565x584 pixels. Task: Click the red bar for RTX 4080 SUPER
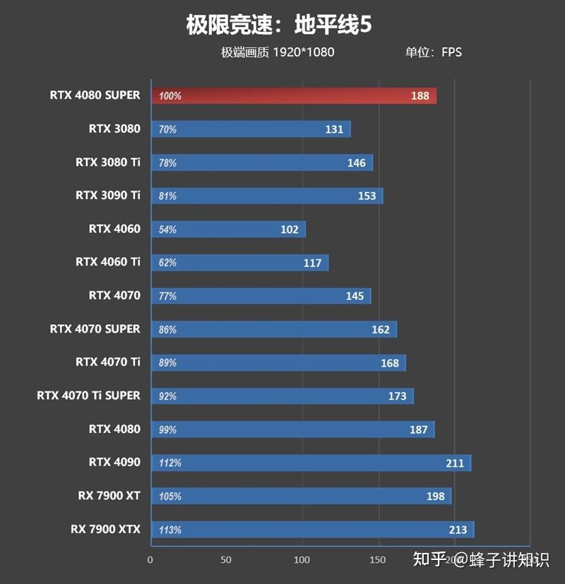coord(293,96)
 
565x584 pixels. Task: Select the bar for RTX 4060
coord(227,230)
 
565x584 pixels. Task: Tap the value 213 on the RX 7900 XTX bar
coord(457,530)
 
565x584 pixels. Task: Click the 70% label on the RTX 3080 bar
coord(168,130)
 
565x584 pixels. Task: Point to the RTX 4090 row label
coord(114,463)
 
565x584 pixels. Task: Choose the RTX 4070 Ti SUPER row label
coord(88,395)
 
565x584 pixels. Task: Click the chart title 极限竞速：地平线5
coord(278,25)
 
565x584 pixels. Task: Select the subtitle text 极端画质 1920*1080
coord(277,52)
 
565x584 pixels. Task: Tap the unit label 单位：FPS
coord(433,52)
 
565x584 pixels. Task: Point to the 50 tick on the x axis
coord(226,560)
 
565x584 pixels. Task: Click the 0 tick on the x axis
coord(150,560)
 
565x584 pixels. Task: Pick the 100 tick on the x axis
coord(302,560)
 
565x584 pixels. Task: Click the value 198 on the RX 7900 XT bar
coord(436,496)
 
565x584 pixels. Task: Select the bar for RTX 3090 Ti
coord(266,196)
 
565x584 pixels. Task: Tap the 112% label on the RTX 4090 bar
coord(170,463)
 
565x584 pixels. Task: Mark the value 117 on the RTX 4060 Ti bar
coord(312,263)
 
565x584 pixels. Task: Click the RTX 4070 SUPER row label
coord(95,329)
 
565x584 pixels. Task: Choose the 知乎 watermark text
coord(429,560)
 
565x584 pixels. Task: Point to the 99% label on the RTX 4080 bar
coord(168,430)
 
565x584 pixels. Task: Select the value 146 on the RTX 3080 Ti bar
coord(357,163)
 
